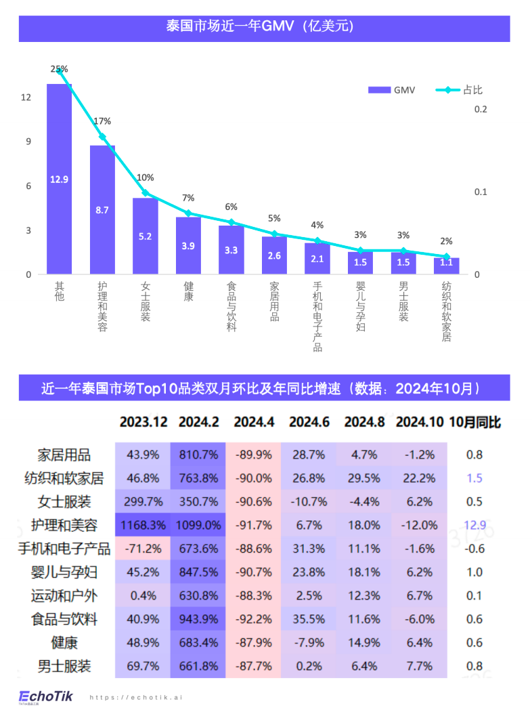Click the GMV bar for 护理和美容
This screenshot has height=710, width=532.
(x=102, y=210)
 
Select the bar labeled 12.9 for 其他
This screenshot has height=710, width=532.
(x=59, y=179)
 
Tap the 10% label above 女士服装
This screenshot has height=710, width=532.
(x=146, y=177)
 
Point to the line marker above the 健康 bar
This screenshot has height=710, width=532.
(x=188, y=213)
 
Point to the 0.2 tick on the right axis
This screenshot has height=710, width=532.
(x=481, y=109)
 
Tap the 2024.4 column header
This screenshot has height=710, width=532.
(x=254, y=422)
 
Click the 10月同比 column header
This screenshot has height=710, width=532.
(x=474, y=422)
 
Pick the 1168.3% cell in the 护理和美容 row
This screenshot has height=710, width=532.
(x=143, y=525)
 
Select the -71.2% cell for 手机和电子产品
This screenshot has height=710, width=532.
(x=143, y=549)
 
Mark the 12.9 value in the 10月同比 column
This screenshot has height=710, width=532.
(x=474, y=525)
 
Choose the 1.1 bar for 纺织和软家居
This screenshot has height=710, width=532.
(x=447, y=266)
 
